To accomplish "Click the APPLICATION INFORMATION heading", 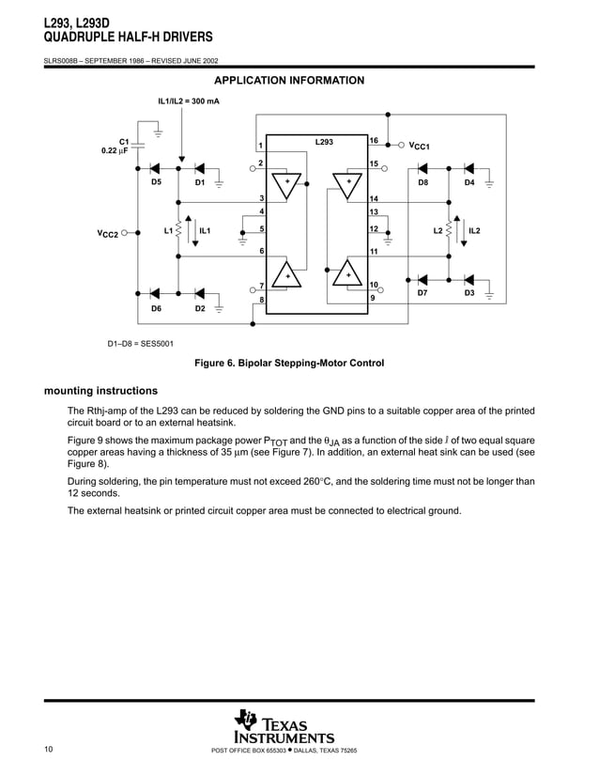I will [x=289, y=81].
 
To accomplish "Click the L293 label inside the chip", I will [x=323, y=141].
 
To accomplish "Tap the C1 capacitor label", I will [x=123, y=141].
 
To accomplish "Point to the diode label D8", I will [x=423, y=183].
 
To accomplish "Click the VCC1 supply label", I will [x=418, y=147].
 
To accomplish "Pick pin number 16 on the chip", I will [x=373, y=141].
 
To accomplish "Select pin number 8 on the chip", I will [x=262, y=300].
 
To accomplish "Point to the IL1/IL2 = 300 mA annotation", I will [x=189, y=100].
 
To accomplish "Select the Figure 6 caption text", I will [x=289, y=363].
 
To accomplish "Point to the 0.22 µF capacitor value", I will [x=115, y=150].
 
